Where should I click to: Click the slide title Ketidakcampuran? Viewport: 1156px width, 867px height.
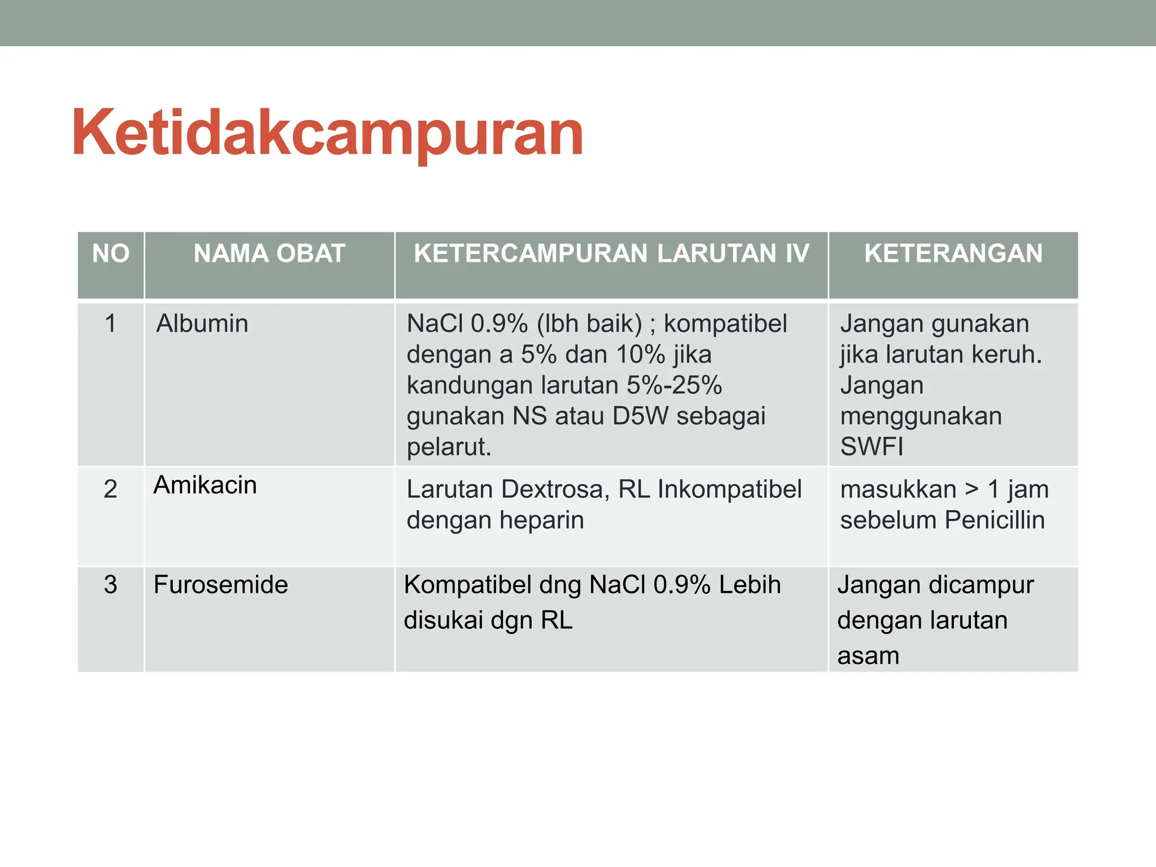click(327, 133)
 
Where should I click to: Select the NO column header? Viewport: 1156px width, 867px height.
click(111, 253)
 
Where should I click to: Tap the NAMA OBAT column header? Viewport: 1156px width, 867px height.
click(269, 253)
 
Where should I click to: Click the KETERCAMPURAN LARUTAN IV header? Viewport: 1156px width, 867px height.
click(611, 253)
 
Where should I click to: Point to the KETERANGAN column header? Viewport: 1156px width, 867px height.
click(953, 253)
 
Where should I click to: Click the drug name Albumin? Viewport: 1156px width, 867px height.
click(202, 324)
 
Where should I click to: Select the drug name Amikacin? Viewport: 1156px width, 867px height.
click(205, 485)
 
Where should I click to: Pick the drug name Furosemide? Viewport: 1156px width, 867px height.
click(221, 585)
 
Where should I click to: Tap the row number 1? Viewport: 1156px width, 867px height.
click(111, 324)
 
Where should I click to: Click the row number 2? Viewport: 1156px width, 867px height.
click(111, 489)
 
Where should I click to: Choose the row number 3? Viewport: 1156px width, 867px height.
click(111, 585)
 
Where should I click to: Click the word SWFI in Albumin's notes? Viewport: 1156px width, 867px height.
click(872, 447)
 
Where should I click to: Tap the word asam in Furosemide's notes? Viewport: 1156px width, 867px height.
click(868, 656)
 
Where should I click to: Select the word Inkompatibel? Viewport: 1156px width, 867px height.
click(729, 489)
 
